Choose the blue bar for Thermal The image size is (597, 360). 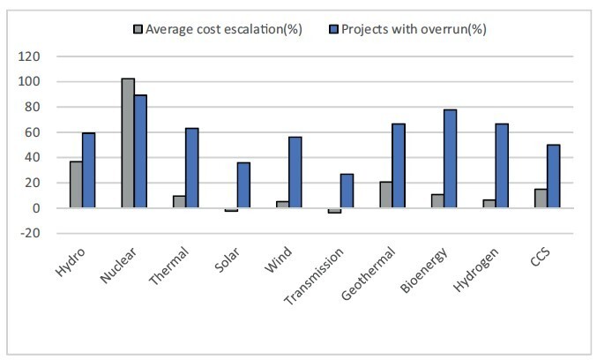[191, 168]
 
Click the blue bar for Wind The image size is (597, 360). [295, 172]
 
